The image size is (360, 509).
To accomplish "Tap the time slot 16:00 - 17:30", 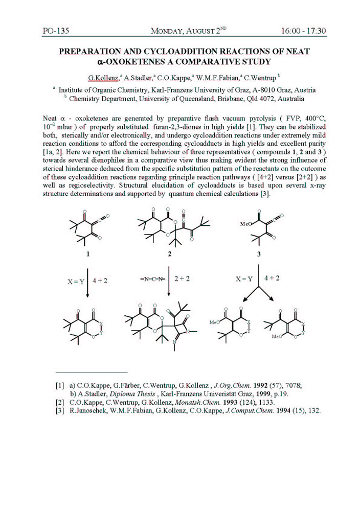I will click(303, 31).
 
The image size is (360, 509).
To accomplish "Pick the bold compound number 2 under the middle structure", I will click(169, 253).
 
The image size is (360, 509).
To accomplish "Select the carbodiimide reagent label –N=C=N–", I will click(152, 280).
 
